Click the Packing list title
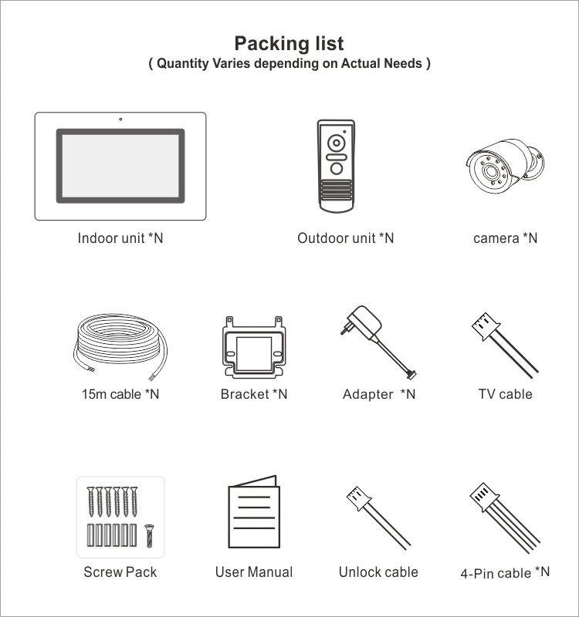[289, 43]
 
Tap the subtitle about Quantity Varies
[289, 64]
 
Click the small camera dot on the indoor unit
[120, 119]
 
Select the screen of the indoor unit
[120, 166]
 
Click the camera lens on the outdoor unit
[336, 143]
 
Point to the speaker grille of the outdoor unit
[336, 187]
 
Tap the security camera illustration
[503, 164]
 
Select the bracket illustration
[253, 347]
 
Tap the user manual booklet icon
[253, 512]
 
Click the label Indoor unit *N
[120, 238]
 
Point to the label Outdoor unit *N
[345, 238]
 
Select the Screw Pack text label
[120, 572]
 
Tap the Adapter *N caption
[378, 394]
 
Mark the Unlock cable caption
[378, 572]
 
